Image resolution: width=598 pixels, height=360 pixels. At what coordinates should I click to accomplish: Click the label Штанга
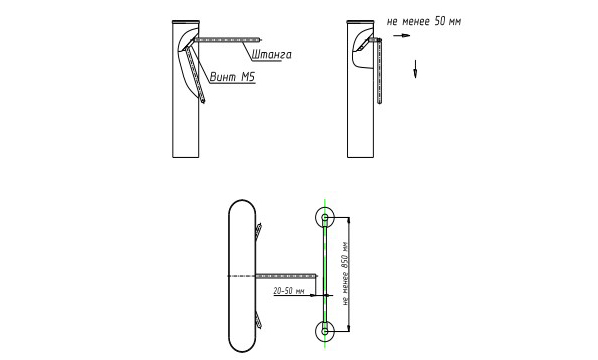point(271,55)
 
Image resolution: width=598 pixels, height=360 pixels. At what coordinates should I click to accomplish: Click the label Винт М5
point(232,77)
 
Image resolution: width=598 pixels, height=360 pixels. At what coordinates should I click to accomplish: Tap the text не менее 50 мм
point(425,21)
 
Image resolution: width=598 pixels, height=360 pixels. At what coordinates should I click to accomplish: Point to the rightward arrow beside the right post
point(402,36)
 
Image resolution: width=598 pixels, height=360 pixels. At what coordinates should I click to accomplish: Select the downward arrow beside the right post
point(415,69)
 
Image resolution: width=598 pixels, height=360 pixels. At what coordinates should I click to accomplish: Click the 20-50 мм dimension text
point(289,291)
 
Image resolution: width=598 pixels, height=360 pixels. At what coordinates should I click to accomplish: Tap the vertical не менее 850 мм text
point(346,273)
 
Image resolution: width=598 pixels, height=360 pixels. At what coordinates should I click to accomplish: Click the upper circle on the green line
point(325,218)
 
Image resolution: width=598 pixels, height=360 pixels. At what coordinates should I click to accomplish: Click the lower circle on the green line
point(325,331)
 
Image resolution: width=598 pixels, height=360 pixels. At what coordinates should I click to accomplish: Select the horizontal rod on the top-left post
point(228,39)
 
